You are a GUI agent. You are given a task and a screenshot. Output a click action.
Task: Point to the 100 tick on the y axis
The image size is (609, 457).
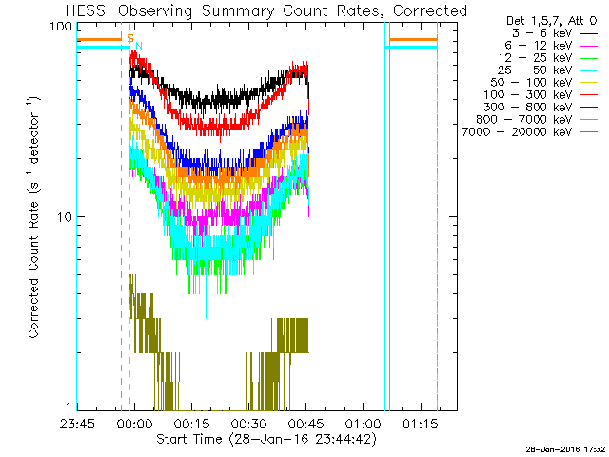click(x=62, y=26)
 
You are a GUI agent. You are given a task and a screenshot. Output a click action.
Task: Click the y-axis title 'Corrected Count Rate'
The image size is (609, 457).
click(x=33, y=217)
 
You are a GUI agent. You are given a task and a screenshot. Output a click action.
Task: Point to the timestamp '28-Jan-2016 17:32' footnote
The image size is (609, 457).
click(x=564, y=448)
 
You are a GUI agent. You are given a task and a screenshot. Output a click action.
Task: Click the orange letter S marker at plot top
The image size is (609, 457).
click(x=130, y=36)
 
